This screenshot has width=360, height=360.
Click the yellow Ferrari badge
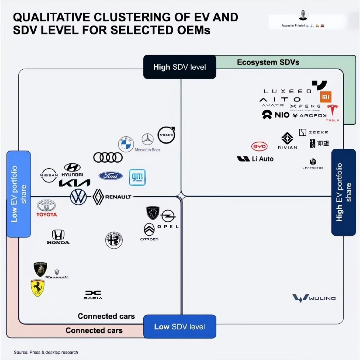37,288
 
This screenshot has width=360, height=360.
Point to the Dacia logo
93,295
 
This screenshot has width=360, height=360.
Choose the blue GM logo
137,177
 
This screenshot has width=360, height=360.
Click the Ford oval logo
111,176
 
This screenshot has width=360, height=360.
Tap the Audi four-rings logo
108,158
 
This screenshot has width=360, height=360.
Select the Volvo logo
166,135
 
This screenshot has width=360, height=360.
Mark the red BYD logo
259,146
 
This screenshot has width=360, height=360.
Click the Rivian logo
287,140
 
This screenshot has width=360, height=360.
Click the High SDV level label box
180,67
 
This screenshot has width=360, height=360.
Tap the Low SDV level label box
180,327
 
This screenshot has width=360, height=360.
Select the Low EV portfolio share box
18,194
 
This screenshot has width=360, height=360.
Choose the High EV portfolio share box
343,192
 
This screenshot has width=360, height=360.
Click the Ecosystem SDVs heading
268,62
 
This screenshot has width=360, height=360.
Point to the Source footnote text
46,352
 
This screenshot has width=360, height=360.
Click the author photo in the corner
303,15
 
